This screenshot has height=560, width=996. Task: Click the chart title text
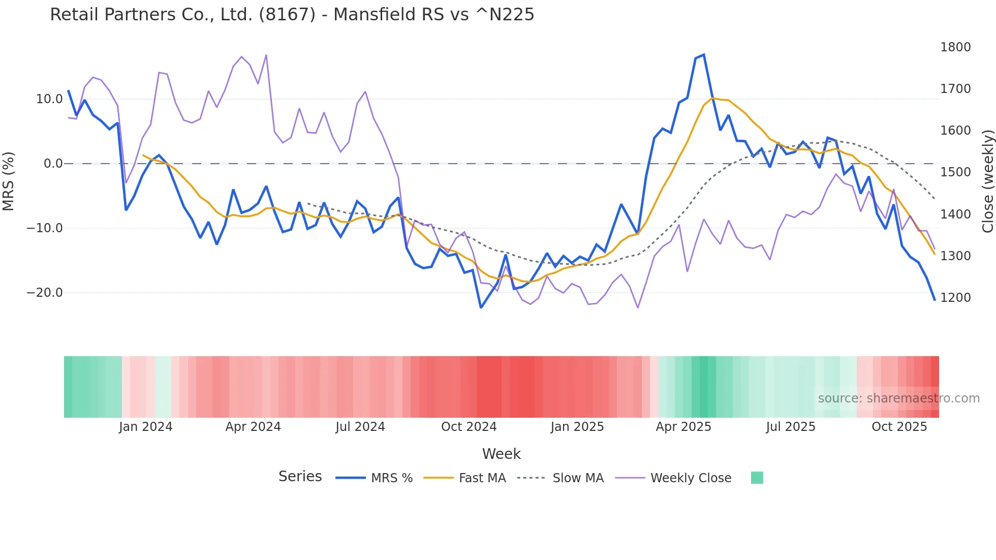(292, 15)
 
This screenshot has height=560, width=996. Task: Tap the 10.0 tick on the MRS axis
(49, 99)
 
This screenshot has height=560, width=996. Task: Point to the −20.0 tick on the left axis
(45, 293)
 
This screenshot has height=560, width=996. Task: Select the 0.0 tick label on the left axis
(53, 164)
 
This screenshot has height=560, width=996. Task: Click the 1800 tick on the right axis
(955, 47)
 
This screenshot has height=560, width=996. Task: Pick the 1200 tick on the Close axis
(955, 298)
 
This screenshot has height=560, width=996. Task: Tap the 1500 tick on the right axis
(955, 172)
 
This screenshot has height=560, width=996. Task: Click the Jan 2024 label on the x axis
(145, 427)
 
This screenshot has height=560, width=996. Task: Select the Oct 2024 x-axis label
(469, 427)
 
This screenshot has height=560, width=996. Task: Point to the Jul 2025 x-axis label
(790, 427)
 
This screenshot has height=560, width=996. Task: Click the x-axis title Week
(501, 454)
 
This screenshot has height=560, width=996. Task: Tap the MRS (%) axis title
(8, 181)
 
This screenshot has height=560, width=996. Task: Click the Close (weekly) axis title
(987, 181)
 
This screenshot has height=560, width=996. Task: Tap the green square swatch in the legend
(757, 478)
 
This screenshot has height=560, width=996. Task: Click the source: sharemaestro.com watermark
(898, 398)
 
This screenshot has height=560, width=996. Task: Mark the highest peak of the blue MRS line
(703, 55)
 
